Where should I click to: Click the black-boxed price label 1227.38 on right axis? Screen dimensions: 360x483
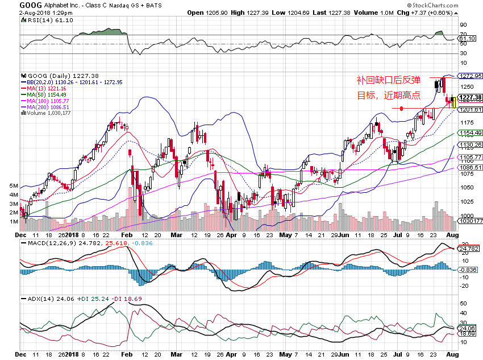(470, 97)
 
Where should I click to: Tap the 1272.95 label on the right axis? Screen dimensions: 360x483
(470, 76)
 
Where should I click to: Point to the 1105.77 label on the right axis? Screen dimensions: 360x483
(470, 157)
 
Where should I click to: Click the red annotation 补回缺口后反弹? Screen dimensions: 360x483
(389, 80)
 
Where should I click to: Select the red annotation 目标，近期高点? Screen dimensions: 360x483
(389, 96)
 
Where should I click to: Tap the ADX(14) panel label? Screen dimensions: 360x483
(35, 298)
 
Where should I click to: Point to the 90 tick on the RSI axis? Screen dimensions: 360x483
(463, 25)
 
